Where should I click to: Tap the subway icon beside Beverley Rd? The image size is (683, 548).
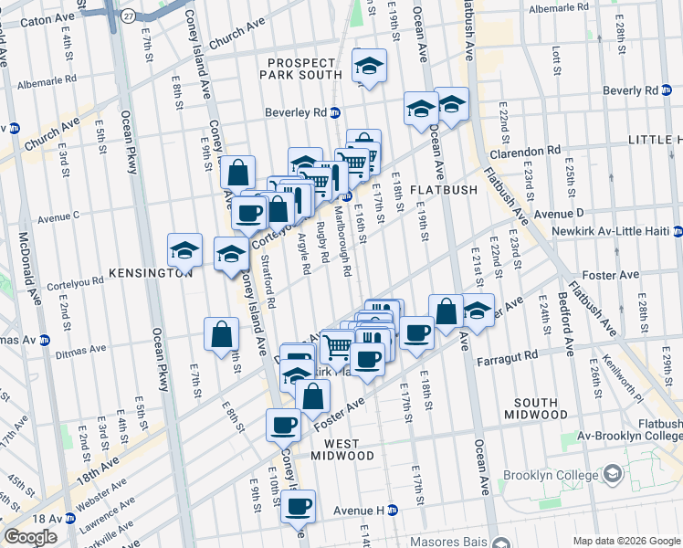point(335,113)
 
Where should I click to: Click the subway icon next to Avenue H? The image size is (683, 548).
point(392,510)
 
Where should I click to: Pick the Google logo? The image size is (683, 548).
point(30,537)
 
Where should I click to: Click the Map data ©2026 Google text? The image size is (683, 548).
point(625,540)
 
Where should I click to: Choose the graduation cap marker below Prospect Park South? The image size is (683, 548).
point(369,66)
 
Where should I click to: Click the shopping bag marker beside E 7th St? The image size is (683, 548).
point(222,334)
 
